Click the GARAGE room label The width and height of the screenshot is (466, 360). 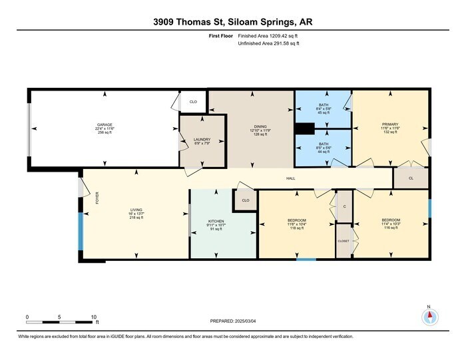[x=104, y=124]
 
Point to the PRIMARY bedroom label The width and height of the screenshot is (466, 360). [x=389, y=124]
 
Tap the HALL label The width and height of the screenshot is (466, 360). [x=291, y=178]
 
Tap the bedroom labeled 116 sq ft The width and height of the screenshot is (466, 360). [x=391, y=220]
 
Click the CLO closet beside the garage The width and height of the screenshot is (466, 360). [x=194, y=102]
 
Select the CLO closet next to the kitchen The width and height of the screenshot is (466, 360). [x=245, y=200]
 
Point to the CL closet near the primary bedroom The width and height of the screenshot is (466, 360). [x=411, y=178]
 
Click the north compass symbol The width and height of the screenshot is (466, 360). [x=429, y=316]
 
